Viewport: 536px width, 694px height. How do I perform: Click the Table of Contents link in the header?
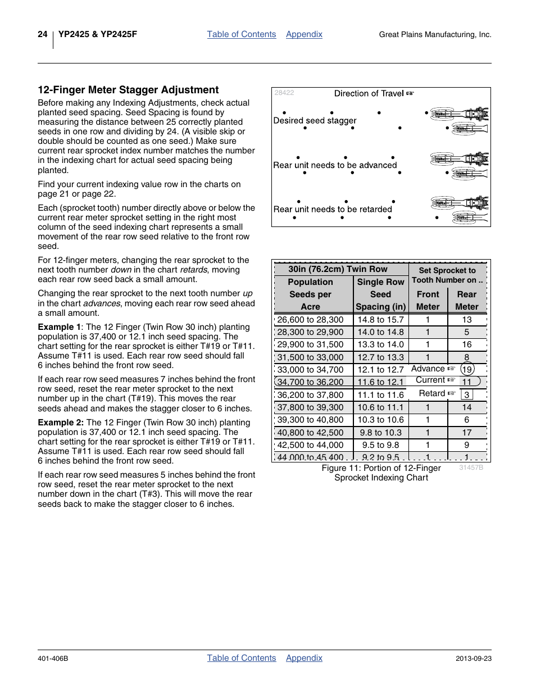click(x=242, y=34)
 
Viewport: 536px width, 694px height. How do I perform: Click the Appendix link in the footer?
click(x=304, y=658)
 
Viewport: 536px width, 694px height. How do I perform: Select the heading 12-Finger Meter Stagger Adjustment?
click(x=128, y=90)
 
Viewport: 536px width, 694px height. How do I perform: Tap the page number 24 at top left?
click(x=43, y=34)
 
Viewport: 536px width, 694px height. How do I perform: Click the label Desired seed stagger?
click(x=315, y=120)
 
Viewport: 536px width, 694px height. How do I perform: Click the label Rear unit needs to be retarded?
click(x=333, y=209)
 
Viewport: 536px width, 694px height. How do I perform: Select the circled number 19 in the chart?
click(x=467, y=369)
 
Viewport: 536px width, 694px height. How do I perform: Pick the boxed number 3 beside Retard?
click(x=466, y=394)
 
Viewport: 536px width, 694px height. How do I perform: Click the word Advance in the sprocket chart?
click(x=428, y=369)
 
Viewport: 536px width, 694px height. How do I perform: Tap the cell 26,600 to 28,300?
click(x=310, y=320)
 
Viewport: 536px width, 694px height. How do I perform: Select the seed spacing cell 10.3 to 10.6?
click(x=380, y=420)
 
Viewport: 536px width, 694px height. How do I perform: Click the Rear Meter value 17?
click(x=466, y=433)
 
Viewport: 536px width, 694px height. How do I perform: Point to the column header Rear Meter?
click(x=466, y=300)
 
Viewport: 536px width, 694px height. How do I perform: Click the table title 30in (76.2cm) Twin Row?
click(x=338, y=269)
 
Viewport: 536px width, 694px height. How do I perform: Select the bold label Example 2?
click(x=61, y=423)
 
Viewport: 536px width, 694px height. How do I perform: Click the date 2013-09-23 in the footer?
click(x=473, y=659)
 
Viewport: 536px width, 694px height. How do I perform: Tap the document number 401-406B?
click(x=53, y=659)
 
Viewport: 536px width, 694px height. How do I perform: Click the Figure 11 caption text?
click(x=381, y=473)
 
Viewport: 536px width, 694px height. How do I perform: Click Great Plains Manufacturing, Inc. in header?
click(x=435, y=35)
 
